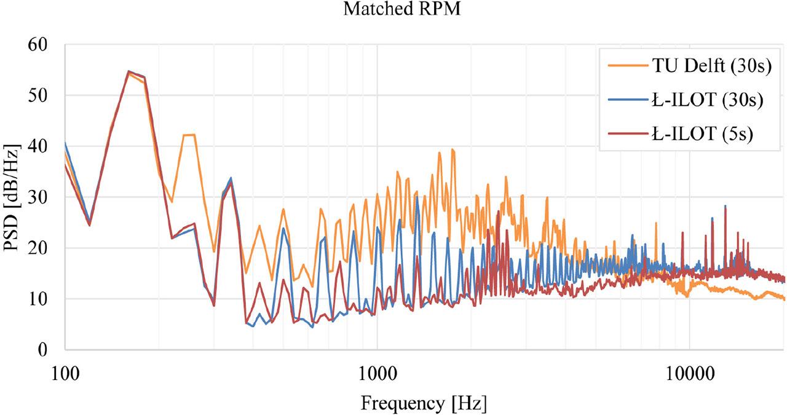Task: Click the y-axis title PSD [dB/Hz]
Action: [12, 197]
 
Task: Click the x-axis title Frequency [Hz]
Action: [424, 404]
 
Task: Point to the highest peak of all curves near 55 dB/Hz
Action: [129, 71]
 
